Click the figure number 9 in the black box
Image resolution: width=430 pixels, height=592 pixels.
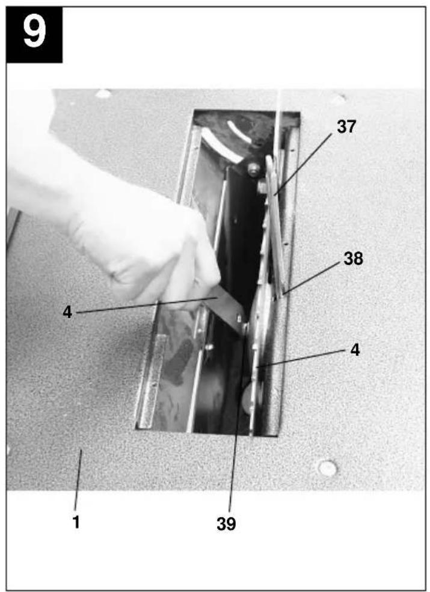click(34, 32)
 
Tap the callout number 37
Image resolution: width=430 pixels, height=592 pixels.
click(346, 127)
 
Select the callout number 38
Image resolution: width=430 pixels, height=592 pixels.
click(353, 259)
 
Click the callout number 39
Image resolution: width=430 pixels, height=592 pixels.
click(226, 523)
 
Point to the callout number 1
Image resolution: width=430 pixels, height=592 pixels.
click(76, 522)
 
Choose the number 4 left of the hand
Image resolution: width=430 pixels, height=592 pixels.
click(67, 312)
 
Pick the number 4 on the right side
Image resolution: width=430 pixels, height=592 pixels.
click(355, 350)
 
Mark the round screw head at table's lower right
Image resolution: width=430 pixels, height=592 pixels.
click(327, 468)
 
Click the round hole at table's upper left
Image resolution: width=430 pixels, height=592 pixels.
click(103, 93)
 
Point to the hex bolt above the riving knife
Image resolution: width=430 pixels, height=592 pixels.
click(254, 168)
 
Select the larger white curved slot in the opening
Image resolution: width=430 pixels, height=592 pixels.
click(221, 146)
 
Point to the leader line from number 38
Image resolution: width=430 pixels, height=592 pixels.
click(312, 277)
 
